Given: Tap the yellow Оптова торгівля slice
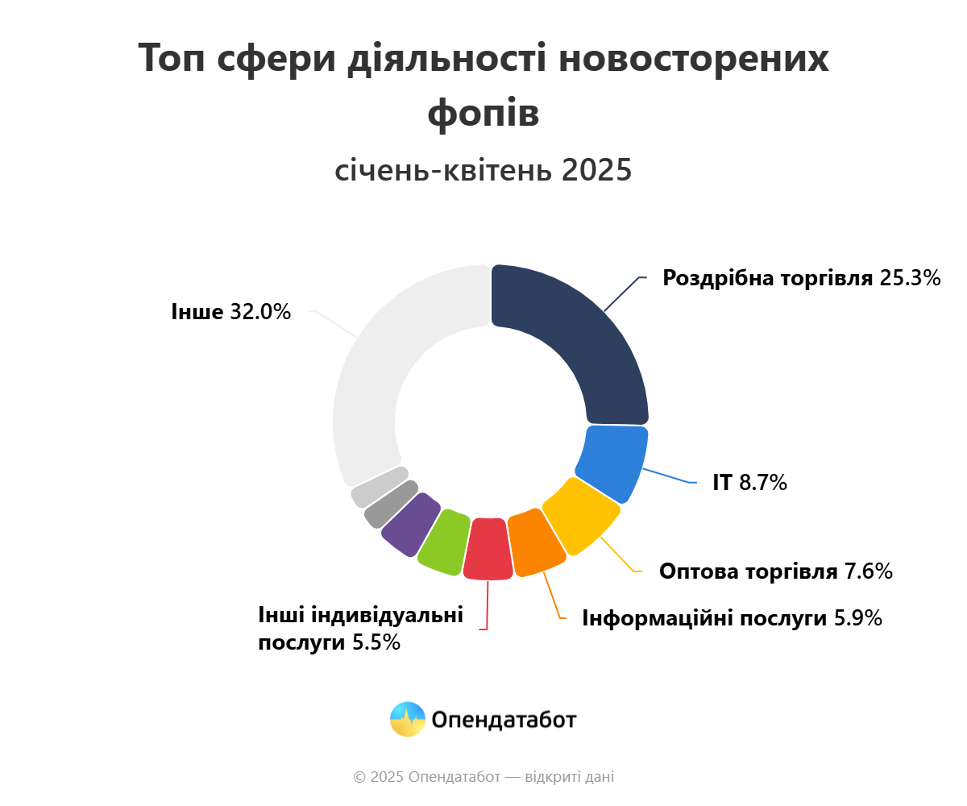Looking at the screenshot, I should coord(582,516).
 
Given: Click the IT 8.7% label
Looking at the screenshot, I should coord(749,484).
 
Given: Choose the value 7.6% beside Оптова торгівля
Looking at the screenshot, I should coord(868,572).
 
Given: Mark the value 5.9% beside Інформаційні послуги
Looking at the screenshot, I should coord(857,619).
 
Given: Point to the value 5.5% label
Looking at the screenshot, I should coord(376,643).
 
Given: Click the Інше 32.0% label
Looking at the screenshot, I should coord(230,312).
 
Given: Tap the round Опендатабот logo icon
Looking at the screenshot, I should coord(407,719).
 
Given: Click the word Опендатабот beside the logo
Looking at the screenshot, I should coord(504,720).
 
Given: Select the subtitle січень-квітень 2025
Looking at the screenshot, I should coord(483,171).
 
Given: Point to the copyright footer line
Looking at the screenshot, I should coord(483,777).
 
